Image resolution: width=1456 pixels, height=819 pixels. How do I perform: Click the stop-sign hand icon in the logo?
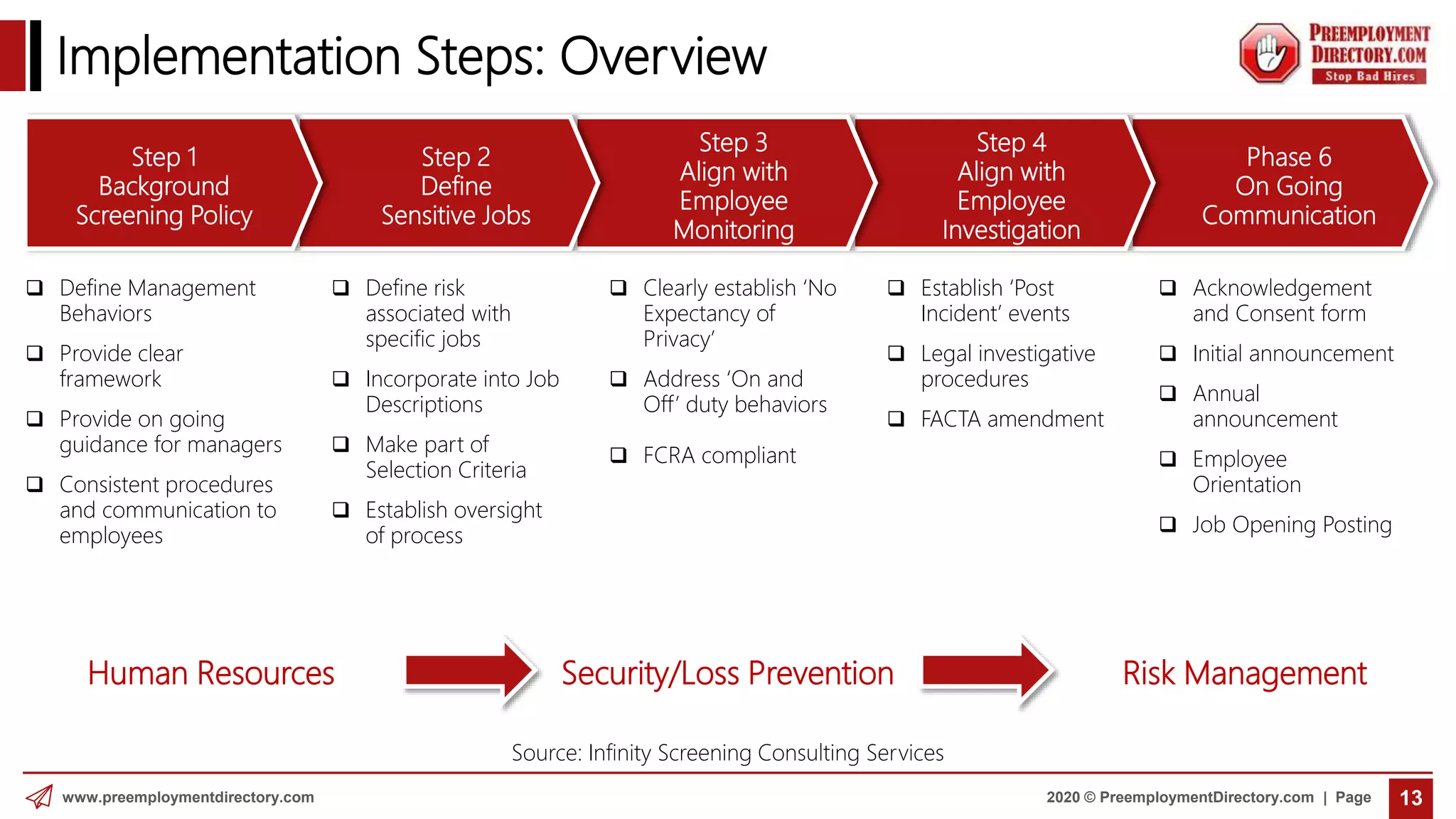coord(1269,54)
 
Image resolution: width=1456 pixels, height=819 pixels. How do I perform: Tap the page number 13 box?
coord(1410,798)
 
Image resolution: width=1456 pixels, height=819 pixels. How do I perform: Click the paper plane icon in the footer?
coord(40,797)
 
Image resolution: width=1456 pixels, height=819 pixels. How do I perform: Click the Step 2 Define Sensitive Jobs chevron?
coord(455,186)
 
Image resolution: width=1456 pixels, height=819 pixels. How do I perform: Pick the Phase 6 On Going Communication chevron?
coord(1288,186)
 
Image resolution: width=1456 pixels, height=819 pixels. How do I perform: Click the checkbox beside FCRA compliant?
coord(619,455)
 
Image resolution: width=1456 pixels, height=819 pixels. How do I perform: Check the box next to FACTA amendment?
coord(896,419)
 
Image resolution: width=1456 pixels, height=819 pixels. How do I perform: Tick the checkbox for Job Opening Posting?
coord(1167,525)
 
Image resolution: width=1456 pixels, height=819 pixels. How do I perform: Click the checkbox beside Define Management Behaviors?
coord(34,288)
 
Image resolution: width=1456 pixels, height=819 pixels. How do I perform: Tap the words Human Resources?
coord(211,673)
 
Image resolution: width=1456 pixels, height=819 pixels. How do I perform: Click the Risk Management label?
coord(1244,673)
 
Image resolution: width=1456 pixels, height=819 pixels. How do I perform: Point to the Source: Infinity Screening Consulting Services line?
coord(727,752)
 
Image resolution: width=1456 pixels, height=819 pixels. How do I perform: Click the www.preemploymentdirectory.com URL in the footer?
coord(188,797)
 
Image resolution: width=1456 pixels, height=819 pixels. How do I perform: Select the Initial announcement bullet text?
coord(1292,353)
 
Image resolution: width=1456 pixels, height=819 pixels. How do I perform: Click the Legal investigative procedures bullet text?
coord(1007,366)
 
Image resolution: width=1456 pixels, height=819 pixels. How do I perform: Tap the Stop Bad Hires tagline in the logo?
coord(1369,76)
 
